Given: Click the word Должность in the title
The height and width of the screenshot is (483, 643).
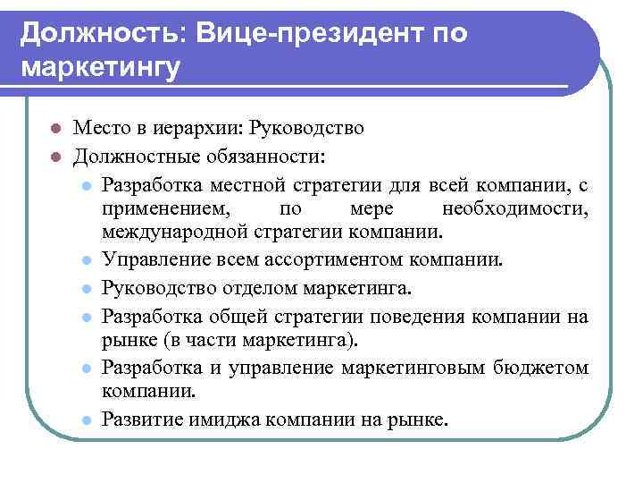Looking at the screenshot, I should coord(98,33).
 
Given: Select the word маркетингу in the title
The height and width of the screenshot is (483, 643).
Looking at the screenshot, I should coord(99,67).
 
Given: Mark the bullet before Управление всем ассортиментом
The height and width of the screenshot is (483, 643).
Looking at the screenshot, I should coord(86,260).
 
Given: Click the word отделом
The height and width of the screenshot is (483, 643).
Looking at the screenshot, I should coord(253,288).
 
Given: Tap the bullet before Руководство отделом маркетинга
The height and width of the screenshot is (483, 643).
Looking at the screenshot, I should coord(86,289).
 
